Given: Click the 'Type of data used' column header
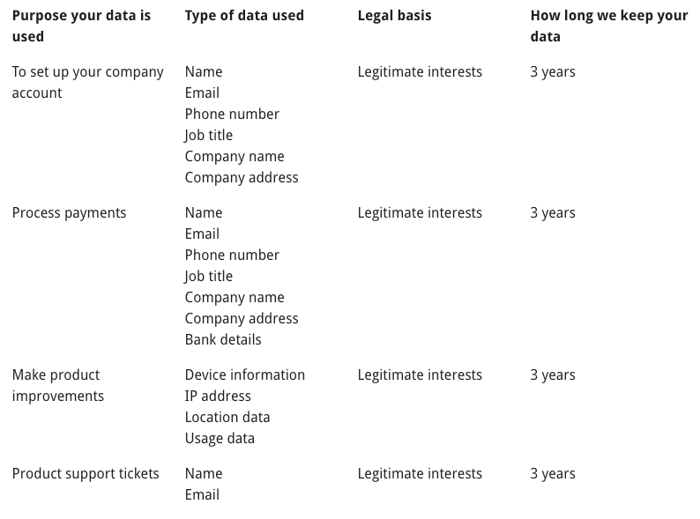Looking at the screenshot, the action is coord(244,16).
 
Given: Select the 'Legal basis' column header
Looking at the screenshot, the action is coord(394,16).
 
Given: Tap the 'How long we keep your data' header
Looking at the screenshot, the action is coord(608,26).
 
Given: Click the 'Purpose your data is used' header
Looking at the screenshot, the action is coord(81,26).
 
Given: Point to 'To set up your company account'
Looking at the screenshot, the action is coord(87,82).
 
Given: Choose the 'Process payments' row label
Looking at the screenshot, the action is coord(69,213).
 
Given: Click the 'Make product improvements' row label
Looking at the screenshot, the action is coord(57,385).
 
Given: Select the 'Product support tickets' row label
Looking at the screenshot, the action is coord(86,474).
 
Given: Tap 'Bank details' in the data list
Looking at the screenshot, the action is coord(223,340).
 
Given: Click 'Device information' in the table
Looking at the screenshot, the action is coord(244,375).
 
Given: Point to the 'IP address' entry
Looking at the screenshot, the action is coord(218,397).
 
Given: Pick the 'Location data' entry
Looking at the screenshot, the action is coord(227,418).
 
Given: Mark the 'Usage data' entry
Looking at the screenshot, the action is coord(220,439).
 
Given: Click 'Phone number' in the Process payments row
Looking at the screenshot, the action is coord(232,256).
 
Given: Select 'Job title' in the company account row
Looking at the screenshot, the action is coord(209,136).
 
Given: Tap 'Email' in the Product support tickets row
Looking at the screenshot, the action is coord(202,495).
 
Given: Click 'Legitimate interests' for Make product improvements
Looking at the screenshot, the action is coord(420,375).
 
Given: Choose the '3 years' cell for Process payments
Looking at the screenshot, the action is coord(553,213).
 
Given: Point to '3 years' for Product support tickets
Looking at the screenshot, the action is coord(553,474).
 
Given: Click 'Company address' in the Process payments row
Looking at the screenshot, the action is coord(242,319).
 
